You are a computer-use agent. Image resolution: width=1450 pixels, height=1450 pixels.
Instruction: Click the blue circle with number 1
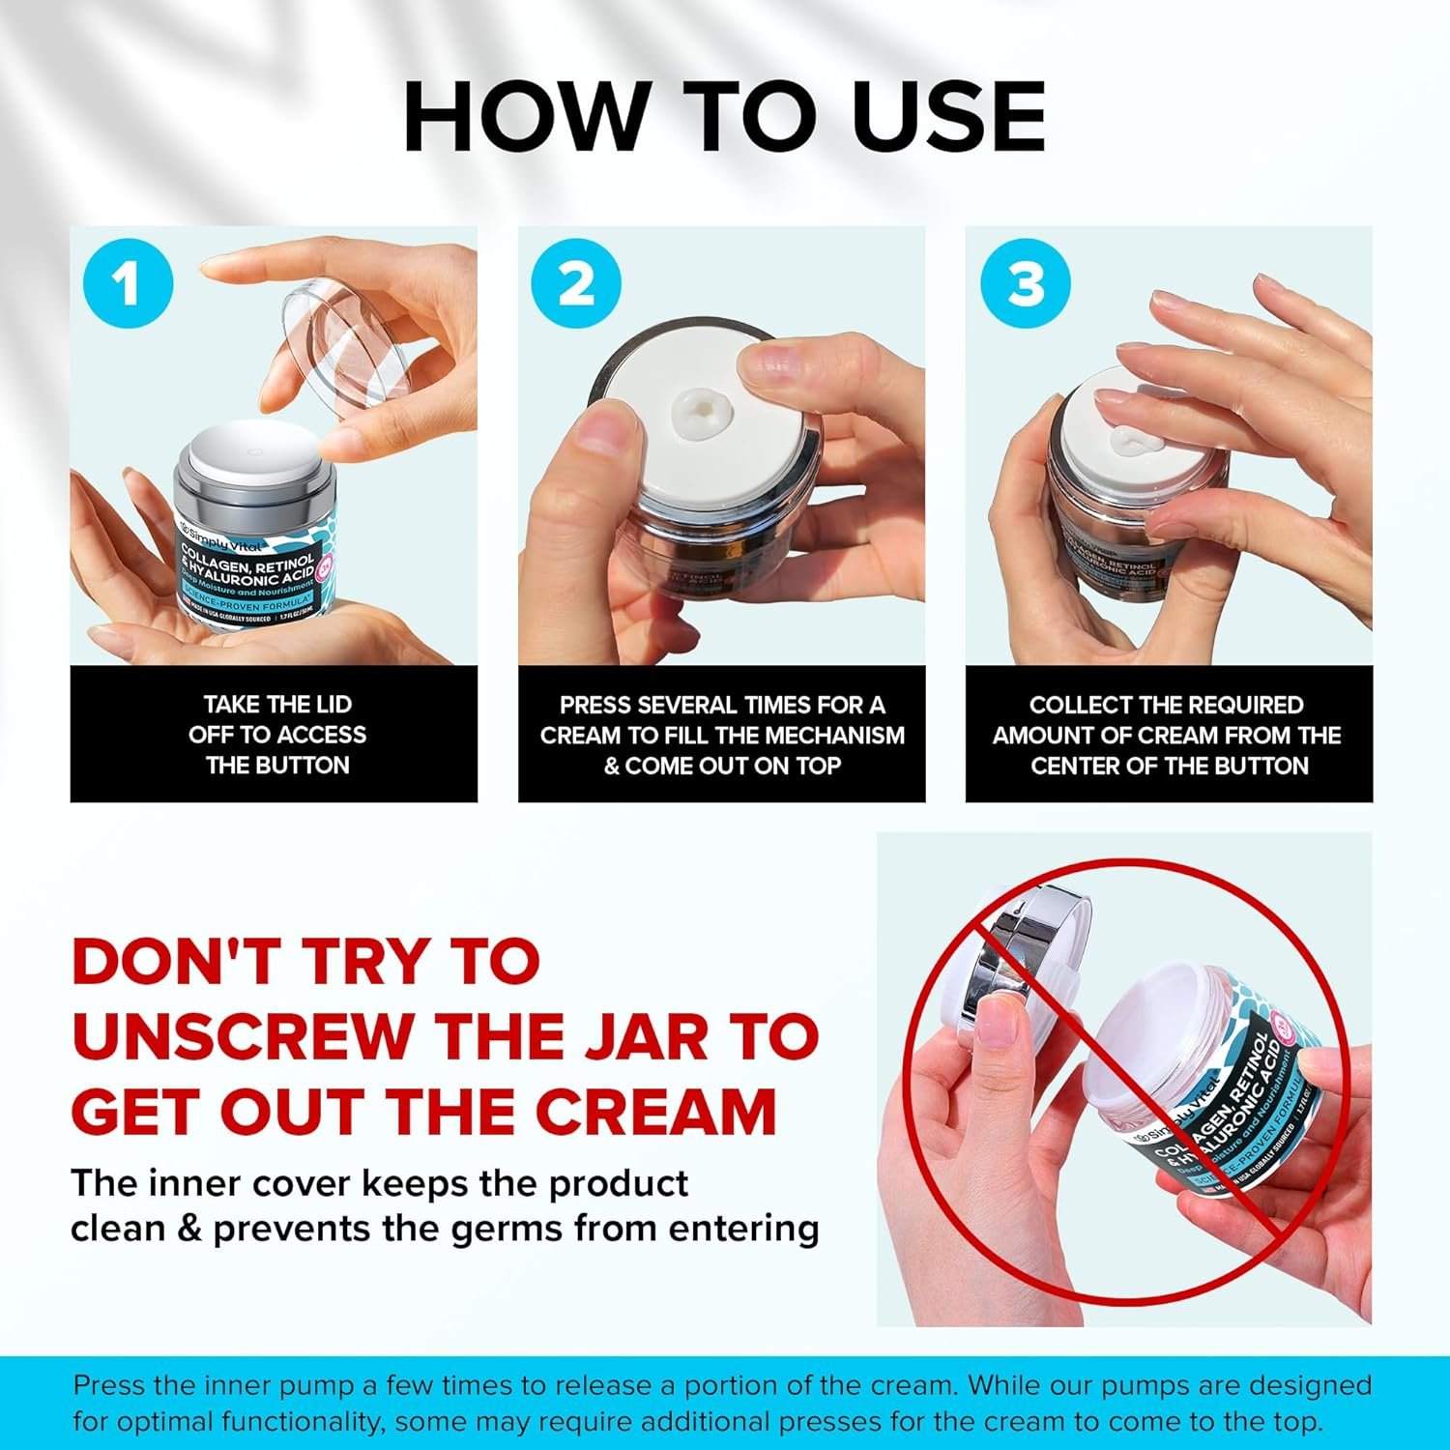point(128,284)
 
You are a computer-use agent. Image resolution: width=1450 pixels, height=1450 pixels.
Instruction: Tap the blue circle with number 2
point(577,284)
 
